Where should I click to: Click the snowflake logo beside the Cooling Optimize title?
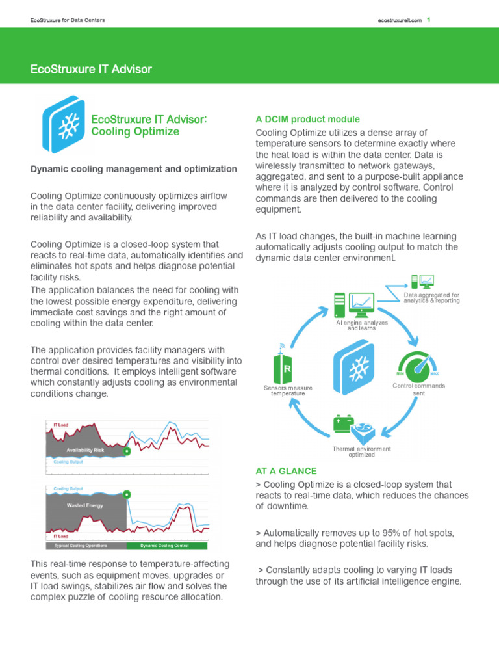pyautogui.click(x=64, y=124)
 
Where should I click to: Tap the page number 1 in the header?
pyautogui.click(x=429, y=20)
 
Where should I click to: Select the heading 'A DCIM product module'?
pyautogui.click(x=307, y=119)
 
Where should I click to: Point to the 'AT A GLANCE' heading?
pyautogui.click(x=287, y=471)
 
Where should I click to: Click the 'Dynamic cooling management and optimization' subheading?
pyautogui.click(x=134, y=169)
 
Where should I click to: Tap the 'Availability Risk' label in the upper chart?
pyautogui.click(x=85, y=449)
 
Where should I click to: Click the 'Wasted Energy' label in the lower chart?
pyautogui.click(x=85, y=504)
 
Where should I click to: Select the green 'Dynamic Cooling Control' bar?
pyautogui.click(x=164, y=545)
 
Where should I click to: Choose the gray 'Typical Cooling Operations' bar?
pyautogui.click(x=84, y=545)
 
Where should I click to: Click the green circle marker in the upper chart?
pyautogui.click(x=127, y=450)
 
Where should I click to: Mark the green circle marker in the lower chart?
pyautogui.click(x=127, y=495)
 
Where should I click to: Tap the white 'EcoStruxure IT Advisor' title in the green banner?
pyautogui.click(x=91, y=69)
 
